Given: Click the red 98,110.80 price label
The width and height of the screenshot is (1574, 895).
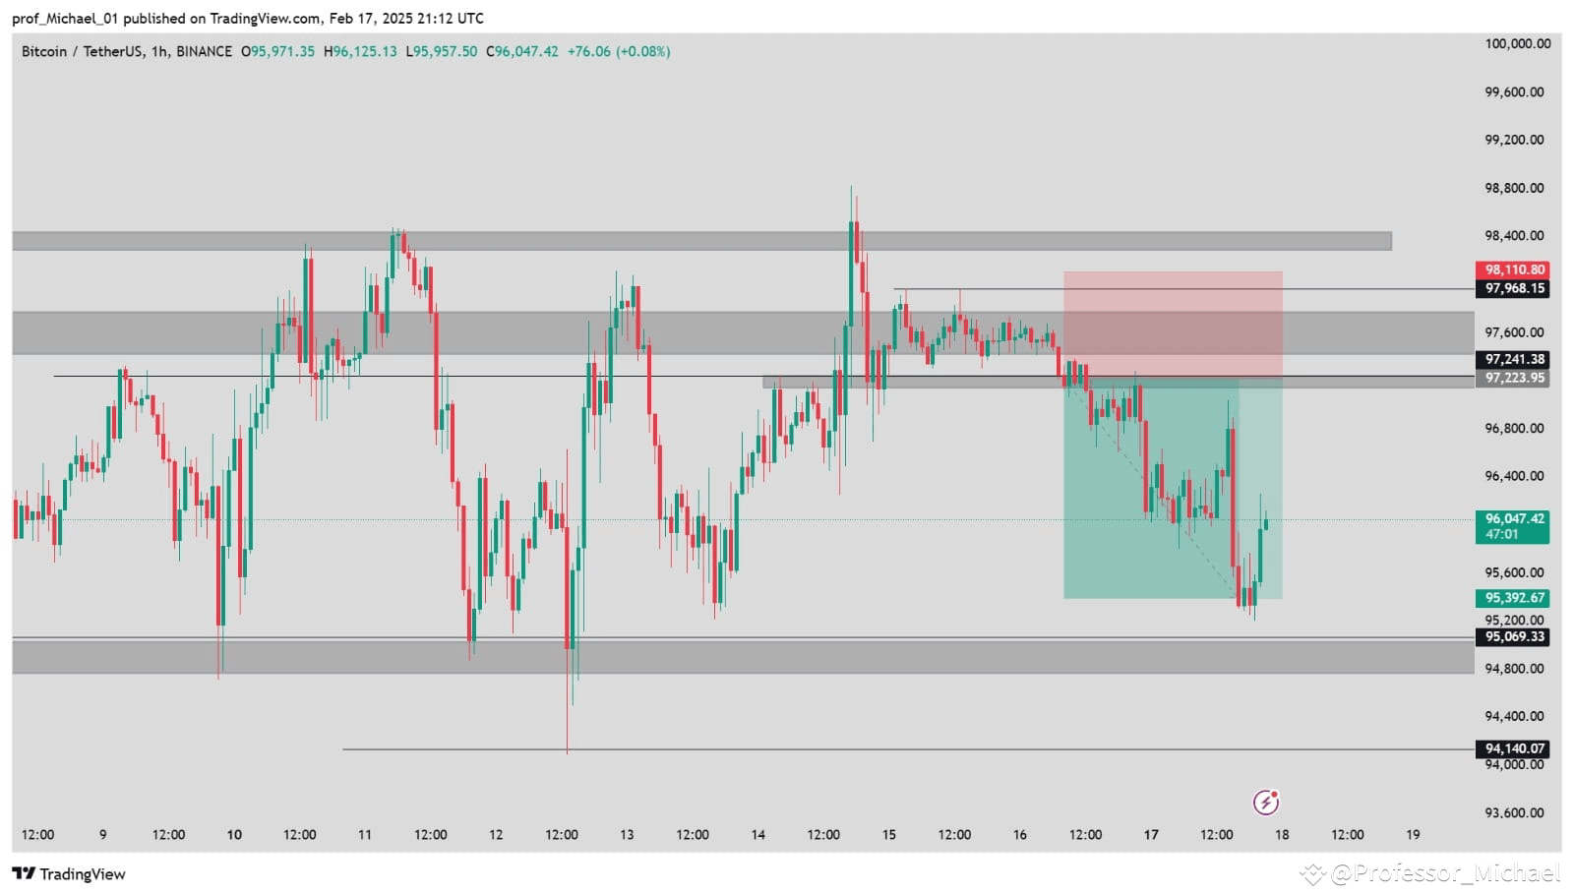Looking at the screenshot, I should click(x=1512, y=269).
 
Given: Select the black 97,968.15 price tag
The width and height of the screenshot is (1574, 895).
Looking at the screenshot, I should click(x=1512, y=288).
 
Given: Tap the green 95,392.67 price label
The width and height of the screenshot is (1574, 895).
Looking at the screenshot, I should click(x=1512, y=598).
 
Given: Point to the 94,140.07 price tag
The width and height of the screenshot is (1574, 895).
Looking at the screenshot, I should click(x=1512, y=748).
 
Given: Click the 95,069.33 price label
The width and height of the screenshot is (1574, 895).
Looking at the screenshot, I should click(x=1512, y=636).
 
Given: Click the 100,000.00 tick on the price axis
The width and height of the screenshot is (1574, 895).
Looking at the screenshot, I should click(x=1517, y=43).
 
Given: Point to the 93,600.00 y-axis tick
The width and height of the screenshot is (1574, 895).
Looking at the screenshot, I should click(x=1514, y=812).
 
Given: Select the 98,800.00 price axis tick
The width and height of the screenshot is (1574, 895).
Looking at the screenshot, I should click(x=1514, y=188).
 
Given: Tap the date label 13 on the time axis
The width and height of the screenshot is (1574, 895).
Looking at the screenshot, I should click(x=627, y=835).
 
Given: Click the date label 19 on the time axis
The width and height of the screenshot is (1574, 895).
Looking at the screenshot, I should click(x=1413, y=835).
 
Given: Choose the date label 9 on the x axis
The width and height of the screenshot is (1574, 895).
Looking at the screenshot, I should click(x=102, y=835).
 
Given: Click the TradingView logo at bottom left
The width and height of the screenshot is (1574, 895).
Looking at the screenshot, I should click(x=69, y=874).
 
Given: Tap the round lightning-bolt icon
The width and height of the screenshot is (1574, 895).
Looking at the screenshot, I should click(x=1265, y=803).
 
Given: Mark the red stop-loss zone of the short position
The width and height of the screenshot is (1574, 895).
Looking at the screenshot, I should click(x=1173, y=325).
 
